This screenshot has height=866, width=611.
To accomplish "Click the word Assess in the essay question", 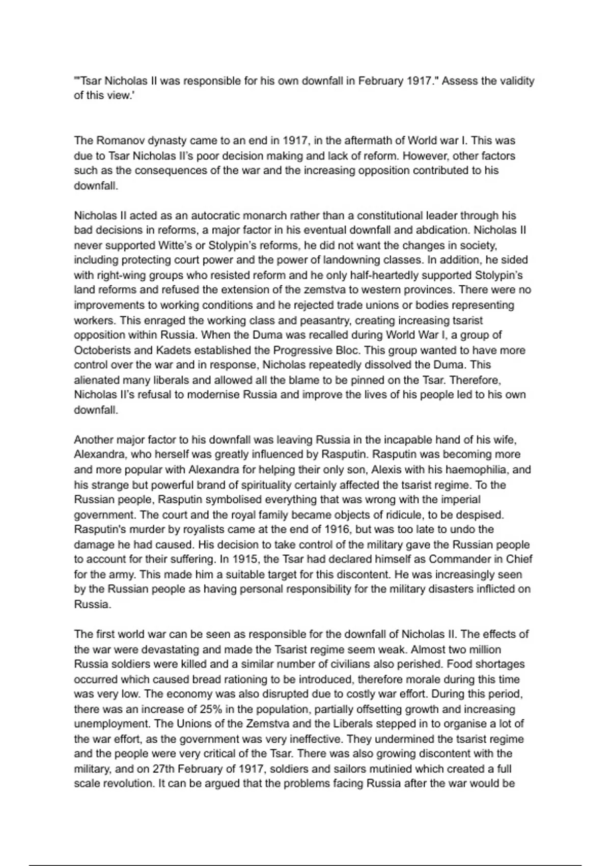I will coord(459,81).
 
